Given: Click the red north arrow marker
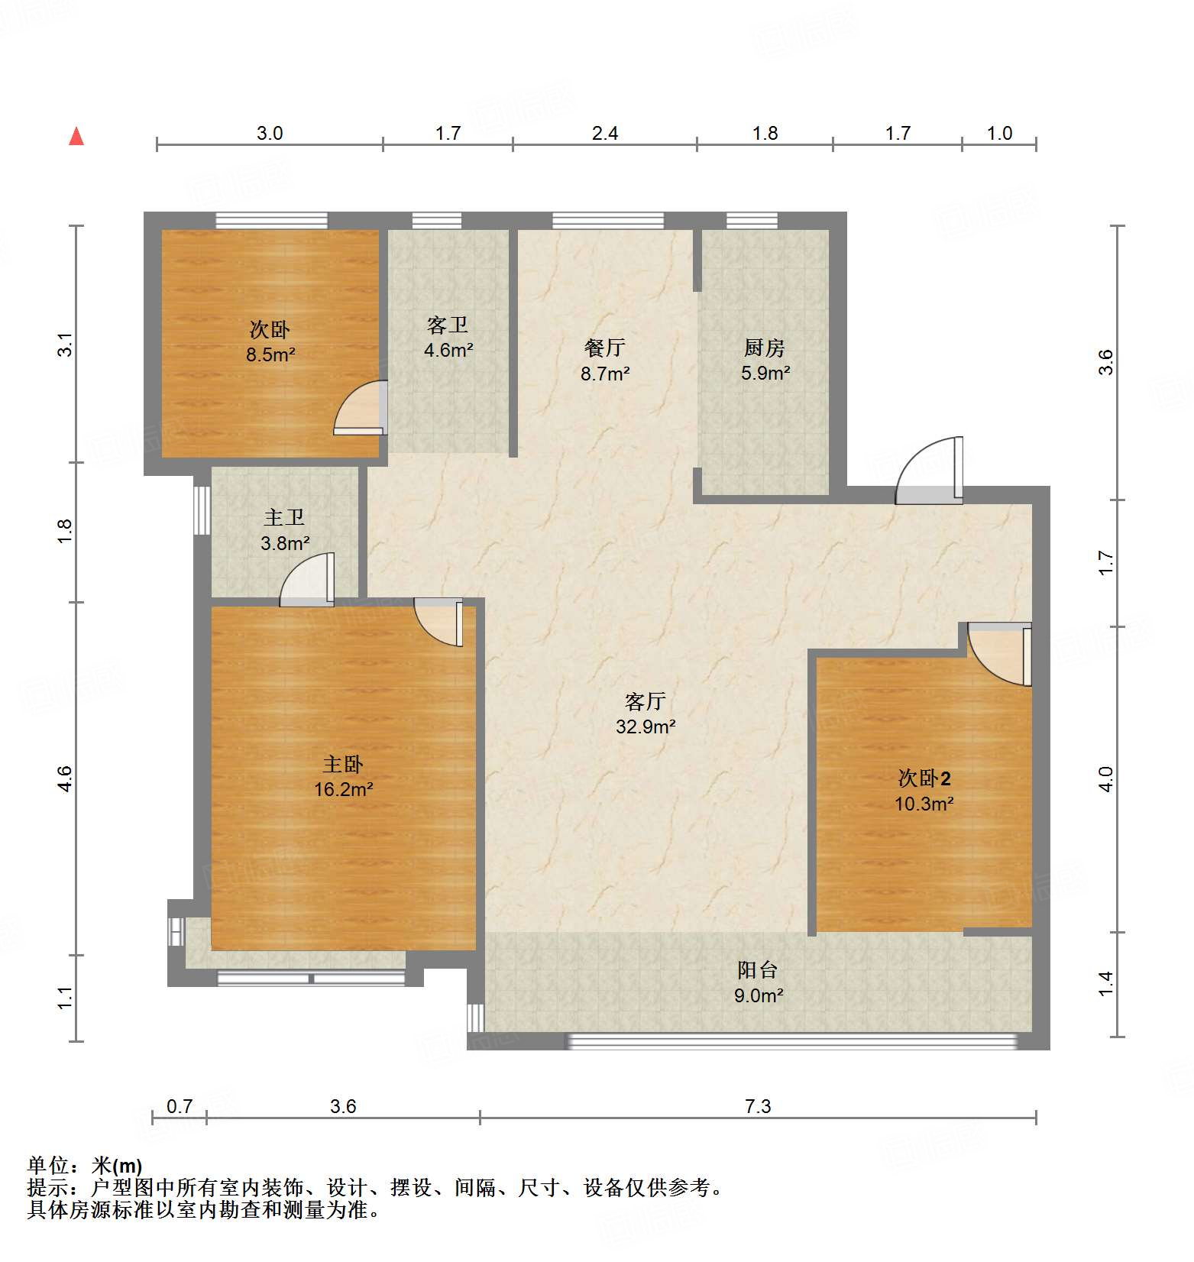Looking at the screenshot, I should pyautogui.click(x=76, y=137).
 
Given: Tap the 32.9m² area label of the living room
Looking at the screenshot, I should pyautogui.click(x=646, y=726).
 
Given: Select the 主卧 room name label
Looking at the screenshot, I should pyautogui.click(x=343, y=764).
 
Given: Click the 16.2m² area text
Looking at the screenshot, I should pyautogui.click(x=343, y=789).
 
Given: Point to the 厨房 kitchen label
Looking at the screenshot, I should pyautogui.click(x=765, y=348).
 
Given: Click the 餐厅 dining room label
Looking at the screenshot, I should pyautogui.click(x=605, y=348).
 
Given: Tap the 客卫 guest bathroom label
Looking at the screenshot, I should pyautogui.click(x=448, y=325).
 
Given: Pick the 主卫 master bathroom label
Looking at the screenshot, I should pyautogui.click(x=284, y=518).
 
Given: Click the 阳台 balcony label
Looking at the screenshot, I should pyautogui.click(x=758, y=970).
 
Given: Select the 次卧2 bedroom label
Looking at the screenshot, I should pyautogui.click(x=924, y=778).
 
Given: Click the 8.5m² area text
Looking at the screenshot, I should pyautogui.click(x=270, y=354).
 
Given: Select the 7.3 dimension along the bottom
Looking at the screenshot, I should pyautogui.click(x=758, y=1106).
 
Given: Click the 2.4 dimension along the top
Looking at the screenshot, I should pyautogui.click(x=605, y=134).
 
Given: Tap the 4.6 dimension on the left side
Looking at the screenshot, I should pyautogui.click(x=65, y=778).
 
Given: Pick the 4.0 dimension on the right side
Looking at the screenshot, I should pyautogui.click(x=1105, y=778).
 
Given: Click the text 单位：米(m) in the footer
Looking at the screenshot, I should pyautogui.click(x=85, y=1166).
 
